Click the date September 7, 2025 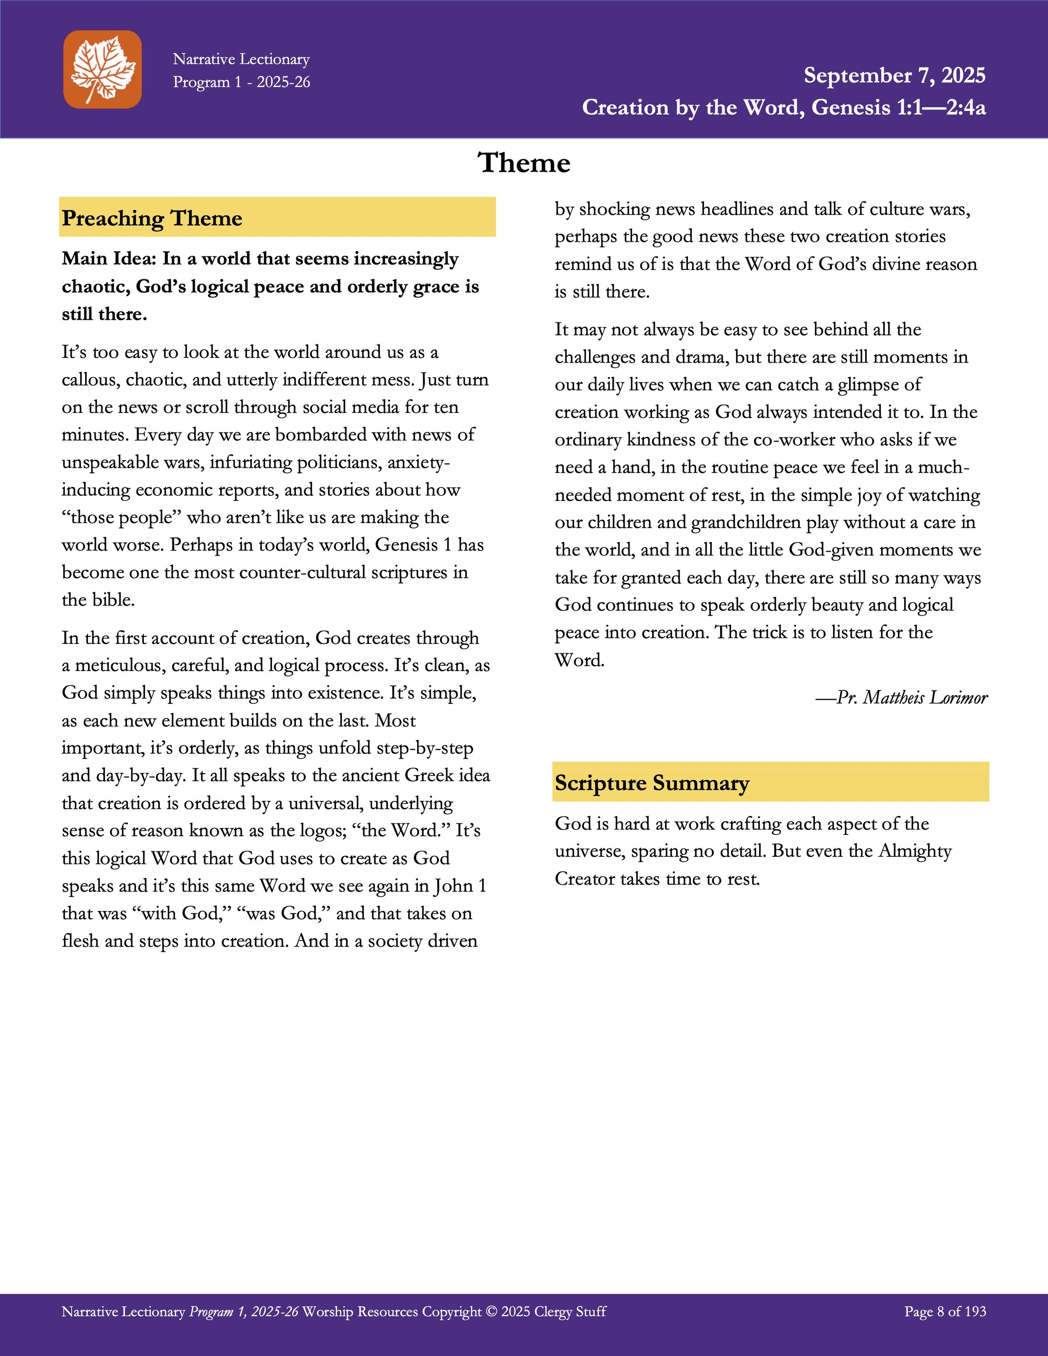(894, 75)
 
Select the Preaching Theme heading (152, 218)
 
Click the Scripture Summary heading (652, 783)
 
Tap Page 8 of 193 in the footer (945, 1311)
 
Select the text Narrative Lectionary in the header (241, 59)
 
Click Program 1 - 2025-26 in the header (241, 82)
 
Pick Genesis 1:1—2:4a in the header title (898, 107)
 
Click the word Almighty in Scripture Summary (915, 850)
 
